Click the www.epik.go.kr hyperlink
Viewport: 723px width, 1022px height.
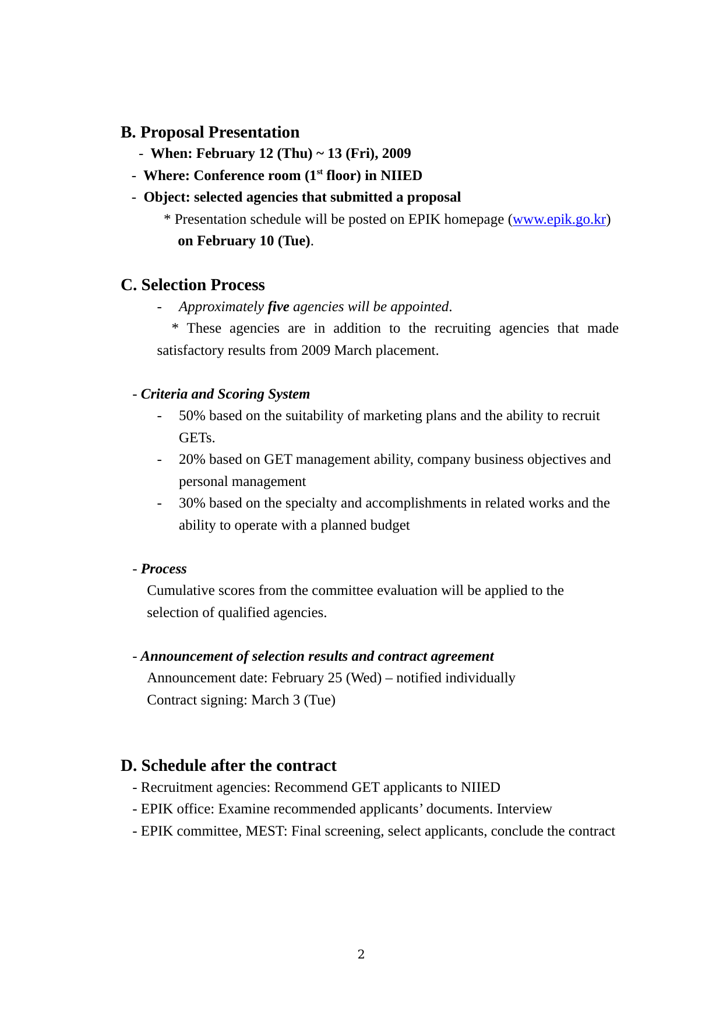[559, 220]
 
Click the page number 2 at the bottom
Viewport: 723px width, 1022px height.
[361, 954]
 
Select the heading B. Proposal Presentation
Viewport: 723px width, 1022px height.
[210, 132]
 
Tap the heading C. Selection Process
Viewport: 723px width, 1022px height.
[192, 285]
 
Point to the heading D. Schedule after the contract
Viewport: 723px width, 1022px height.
[228, 766]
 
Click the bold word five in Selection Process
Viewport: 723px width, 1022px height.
[278, 307]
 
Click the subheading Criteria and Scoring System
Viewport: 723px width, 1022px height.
[225, 394]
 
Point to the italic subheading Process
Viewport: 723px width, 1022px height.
[164, 569]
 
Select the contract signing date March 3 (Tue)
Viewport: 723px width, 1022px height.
[293, 700]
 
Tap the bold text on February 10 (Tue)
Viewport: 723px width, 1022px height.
[244, 241]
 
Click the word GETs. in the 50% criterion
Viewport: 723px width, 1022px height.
[197, 438]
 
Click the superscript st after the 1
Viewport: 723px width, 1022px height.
[319, 172]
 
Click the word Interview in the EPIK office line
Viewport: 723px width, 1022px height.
[524, 809]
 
